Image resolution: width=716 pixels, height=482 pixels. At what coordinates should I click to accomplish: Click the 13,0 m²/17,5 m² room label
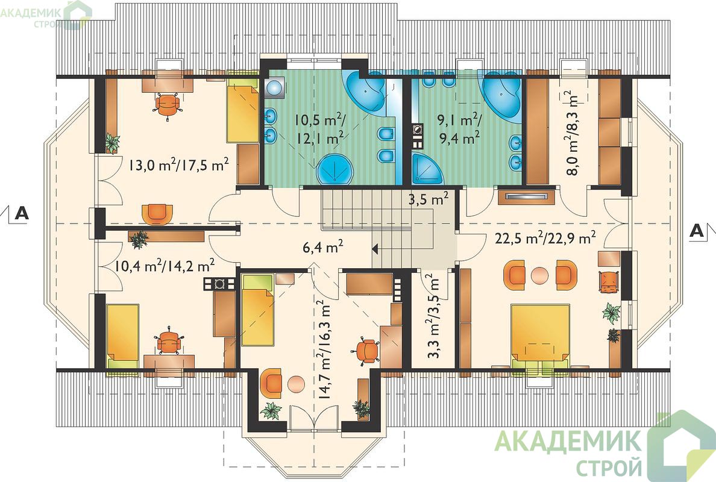tap(178, 164)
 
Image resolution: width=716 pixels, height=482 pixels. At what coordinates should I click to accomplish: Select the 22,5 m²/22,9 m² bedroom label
tap(545, 237)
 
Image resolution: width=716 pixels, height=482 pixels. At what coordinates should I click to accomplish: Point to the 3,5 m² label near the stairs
tap(427, 199)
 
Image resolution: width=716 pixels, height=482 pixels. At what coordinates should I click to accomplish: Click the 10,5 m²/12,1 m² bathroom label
tap(320, 129)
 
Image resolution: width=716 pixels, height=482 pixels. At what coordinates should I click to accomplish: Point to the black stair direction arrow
tap(375, 249)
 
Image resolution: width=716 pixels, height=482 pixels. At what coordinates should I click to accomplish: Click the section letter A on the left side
tap(22, 213)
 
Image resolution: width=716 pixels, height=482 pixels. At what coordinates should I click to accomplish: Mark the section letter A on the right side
tap(696, 230)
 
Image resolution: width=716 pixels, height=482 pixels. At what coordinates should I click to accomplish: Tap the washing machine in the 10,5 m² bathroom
tap(274, 87)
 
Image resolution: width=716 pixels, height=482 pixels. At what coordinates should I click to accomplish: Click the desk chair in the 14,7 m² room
tap(366, 349)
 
